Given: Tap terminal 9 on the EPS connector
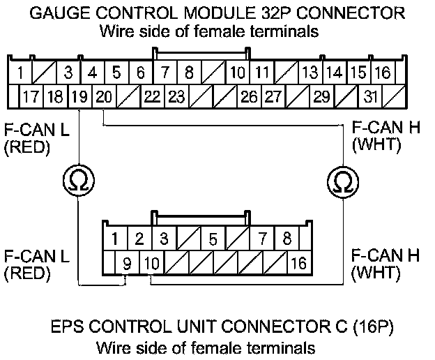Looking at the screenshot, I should pos(126,263).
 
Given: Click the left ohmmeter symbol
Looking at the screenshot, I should pos(79,181).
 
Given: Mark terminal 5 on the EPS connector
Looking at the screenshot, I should pos(213,239).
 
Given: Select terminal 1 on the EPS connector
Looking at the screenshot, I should pos(114,239).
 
